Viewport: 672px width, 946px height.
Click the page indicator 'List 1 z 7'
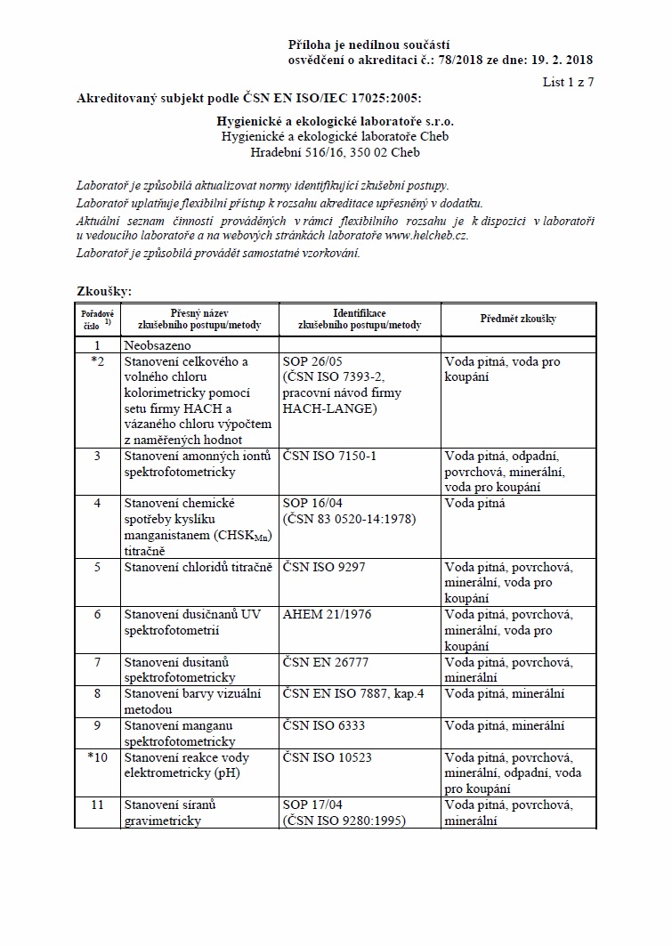(x=567, y=82)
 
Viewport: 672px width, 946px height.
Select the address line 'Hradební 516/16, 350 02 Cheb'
(x=335, y=152)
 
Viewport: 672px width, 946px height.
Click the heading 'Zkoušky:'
(x=104, y=291)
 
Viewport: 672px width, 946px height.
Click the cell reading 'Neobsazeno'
(x=158, y=344)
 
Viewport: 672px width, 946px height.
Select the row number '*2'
(x=98, y=361)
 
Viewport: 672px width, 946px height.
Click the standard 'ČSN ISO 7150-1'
(x=329, y=456)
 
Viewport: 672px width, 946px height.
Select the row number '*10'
(x=98, y=757)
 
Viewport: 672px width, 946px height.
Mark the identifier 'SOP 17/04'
(x=313, y=805)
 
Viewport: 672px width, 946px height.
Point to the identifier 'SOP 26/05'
(x=313, y=361)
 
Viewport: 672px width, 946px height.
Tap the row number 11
(x=98, y=805)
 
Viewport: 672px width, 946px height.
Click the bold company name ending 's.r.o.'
(x=335, y=120)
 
